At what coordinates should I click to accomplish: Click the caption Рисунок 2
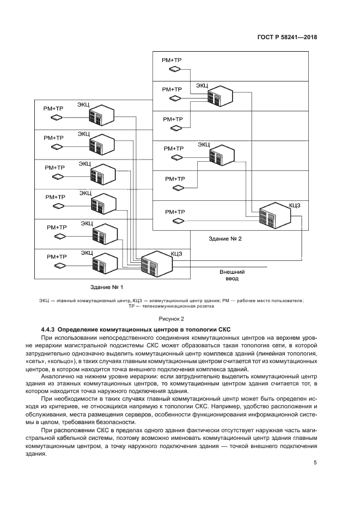point(172,318)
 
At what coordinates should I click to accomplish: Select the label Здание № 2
point(225,238)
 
